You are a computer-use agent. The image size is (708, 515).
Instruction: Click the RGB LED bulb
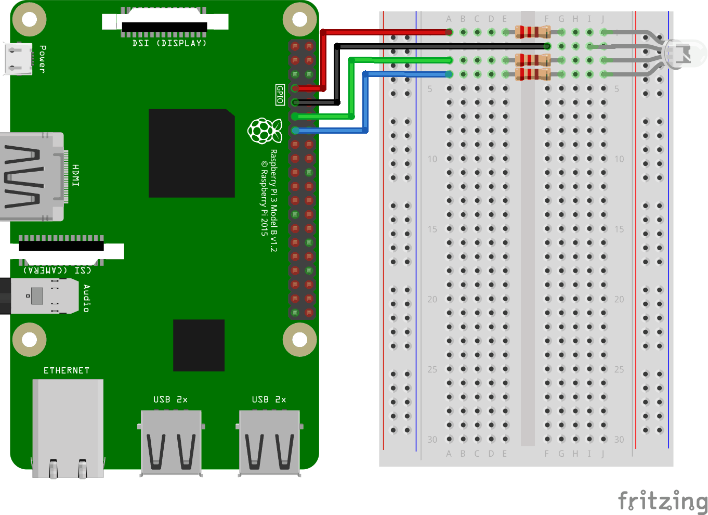pos(685,53)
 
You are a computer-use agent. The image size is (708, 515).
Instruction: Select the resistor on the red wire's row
pos(532,32)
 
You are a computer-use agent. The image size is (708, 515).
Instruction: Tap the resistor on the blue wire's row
pos(532,74)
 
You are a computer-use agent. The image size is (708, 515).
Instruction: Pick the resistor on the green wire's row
pos(532,60)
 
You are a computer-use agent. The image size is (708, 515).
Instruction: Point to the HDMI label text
pos(76,175)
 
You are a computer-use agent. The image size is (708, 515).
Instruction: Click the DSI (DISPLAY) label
pos(169,43)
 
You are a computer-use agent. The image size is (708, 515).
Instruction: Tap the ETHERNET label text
pos(67,370)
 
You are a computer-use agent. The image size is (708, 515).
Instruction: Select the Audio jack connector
pos(39,296)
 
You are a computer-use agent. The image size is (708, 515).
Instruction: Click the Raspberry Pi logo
pos(265,131)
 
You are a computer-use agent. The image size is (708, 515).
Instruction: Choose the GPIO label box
pos(280,95)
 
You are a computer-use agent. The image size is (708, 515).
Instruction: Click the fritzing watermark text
pos(662,501)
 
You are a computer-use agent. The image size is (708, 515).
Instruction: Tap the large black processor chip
pos(191,153)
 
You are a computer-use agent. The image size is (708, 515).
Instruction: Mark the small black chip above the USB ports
pos(199,345)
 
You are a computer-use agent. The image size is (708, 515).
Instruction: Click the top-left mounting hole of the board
pos(29,20)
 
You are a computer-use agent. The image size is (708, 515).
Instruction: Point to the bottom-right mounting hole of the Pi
pos(300,340)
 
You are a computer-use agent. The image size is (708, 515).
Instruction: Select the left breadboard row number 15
pos(432,229)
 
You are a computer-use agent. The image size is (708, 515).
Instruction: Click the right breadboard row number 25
pos(619,369)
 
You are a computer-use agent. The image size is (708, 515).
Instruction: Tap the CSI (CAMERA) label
pos(57,270)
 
